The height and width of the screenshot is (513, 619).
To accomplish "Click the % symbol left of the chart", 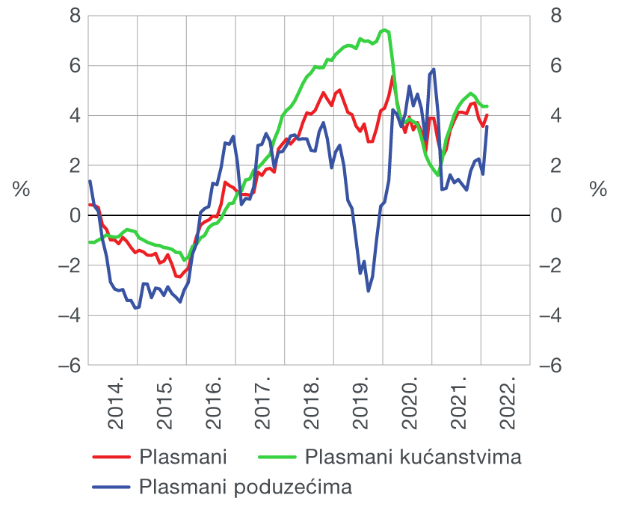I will pos(21,190).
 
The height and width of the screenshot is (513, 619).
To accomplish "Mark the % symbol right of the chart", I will pos(598,190).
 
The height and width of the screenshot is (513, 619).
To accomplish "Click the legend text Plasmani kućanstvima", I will pos(413,456).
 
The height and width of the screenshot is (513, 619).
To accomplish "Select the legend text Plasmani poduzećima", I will pos(245,488).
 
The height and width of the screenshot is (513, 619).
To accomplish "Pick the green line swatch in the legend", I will pos(277,457).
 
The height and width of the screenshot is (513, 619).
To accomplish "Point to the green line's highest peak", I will pos(384,30).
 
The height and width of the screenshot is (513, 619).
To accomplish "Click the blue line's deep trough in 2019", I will pos(368,290).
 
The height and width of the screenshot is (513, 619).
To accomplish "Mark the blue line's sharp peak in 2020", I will pos(434,70).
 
